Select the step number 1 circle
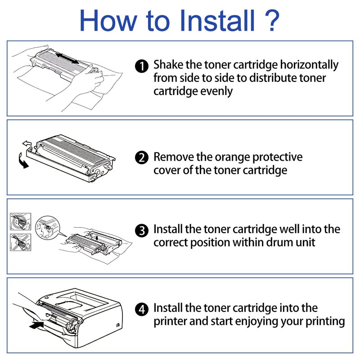point(142,67)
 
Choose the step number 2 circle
point(142,158)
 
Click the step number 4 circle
point(142,310)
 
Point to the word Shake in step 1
point(168,64)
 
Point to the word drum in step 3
point(277,242)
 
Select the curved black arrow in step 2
point(22,160)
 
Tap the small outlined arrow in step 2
point(27,144)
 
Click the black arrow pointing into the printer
point(36,324)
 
